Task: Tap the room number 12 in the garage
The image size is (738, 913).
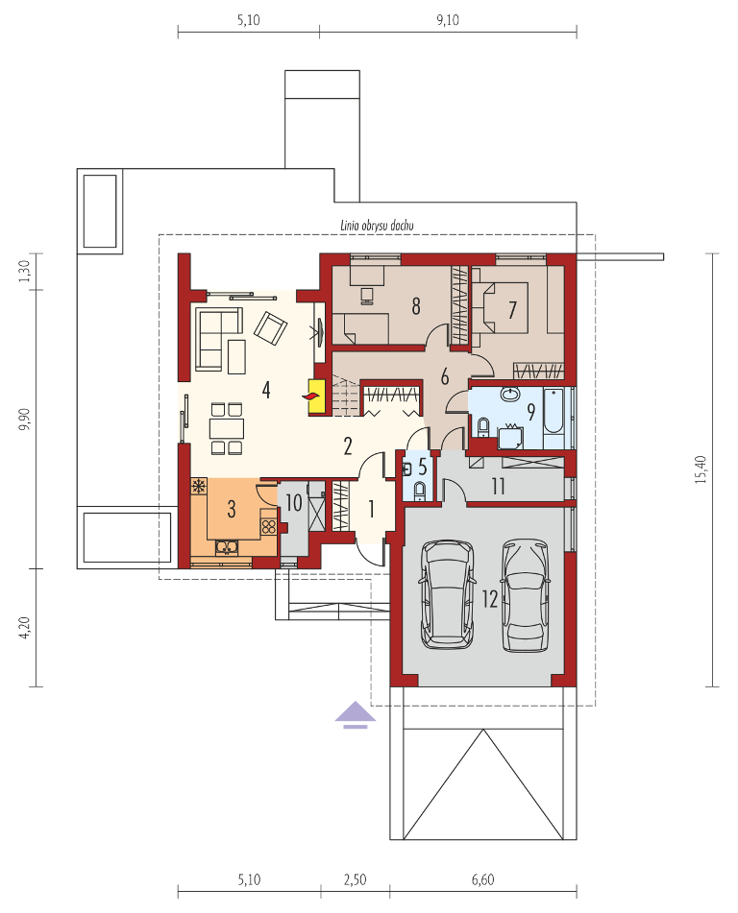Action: pyautogui.click(x=490, y=598)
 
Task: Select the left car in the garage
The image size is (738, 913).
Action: pyautogui.click(x=447, y=594)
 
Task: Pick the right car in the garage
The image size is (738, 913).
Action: pyautogui.click(x=526, y=595)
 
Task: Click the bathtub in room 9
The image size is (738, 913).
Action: pyautogui.click(x=553, y=411)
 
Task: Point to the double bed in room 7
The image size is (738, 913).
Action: pyautogui.click(x=500, y=308)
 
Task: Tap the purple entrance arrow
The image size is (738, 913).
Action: pyautogui.click(x=355, y=715)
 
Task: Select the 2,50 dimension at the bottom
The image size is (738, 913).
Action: pyautogui.click(x=355, y=879)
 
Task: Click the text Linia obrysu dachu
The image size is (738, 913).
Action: pyautogui.click(x=377, y=226)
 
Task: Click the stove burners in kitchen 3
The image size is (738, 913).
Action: pyautogui.click(x=269, y=527)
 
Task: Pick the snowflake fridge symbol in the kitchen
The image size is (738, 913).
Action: pyautogui.click(x=199, y=486)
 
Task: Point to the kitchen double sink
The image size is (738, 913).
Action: pyautogui.click(x=227, y=547)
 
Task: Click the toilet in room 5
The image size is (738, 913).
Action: pyautogui.click(x=419, y=492)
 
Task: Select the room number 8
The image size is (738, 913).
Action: pyautogui.click(x=416, y=305)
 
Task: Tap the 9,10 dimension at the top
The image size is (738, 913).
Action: pyautogui.click(x=447, y=20)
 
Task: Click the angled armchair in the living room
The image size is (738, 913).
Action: pyautogui.click(x=270, y=327)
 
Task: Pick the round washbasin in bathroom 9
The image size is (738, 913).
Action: pyautogui.click(x=511, y=395)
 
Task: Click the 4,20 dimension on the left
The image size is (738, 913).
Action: pyautogui.click(x=24, y=627)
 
